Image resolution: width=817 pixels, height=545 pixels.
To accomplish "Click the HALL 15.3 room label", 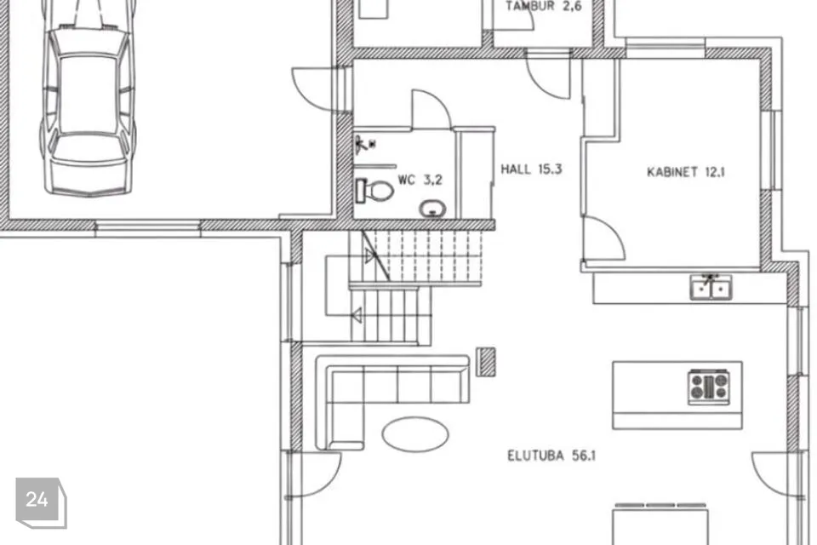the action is click(x=531, y=169).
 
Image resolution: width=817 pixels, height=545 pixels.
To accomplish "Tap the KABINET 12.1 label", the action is click(x=685, y=171).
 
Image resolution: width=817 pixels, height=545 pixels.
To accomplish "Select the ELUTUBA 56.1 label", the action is click(x=551, y=456).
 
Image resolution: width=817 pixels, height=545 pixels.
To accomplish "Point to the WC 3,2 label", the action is click(x=420, y=180).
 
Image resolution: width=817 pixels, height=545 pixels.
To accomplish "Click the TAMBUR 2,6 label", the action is click(x=544, y=6).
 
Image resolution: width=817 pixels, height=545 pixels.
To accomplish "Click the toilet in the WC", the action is click(x=374, y=191).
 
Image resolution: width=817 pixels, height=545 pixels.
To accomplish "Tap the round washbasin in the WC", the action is click(x=432, y=209).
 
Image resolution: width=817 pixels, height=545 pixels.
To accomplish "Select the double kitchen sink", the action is click(x=711, y=287).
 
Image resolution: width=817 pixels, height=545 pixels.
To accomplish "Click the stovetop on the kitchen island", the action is click(x=708, y=387).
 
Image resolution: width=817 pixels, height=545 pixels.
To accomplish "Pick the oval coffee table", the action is click(x=414, y=434).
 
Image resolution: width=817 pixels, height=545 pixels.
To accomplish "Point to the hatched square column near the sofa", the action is click(x=487, y=361).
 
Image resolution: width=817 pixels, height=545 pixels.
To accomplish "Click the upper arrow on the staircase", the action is click(x=370, y=256).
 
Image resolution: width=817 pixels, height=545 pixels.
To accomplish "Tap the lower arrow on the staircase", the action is click(x=358, y=315).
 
